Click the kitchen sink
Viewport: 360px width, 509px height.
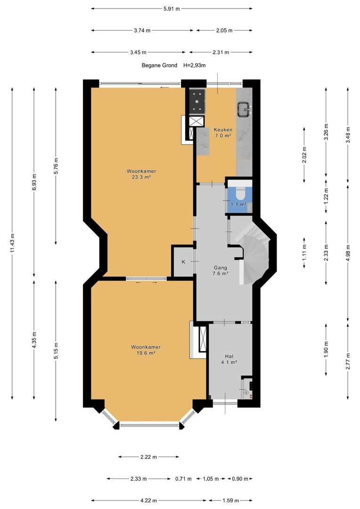click(x=244, y=109)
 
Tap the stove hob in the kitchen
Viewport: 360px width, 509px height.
click(x=196, y=101)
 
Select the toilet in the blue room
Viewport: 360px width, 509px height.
click(x=240, y=193)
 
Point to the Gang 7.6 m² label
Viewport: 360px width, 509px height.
click(x=220, y=271)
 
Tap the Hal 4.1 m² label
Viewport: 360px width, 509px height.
click(x=229, y=359)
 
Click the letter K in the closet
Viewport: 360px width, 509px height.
click(x=183, y=262)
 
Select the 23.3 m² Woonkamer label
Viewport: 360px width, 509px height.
click(x=141, y=174)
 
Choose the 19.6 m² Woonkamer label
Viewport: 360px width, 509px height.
click(x=146, y=350)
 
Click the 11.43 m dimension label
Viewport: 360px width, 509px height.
click(x=12, y=243)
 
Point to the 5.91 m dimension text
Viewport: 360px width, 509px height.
click(x=172, y=9)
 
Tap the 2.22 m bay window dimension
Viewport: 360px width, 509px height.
click(x=149, y=457)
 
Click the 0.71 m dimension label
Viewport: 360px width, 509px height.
click(x=183, y=478)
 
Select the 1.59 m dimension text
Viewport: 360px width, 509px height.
click(x=230, y=500)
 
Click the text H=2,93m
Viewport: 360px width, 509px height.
click(x=195, y=65)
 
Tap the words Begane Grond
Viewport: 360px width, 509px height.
click(x=159, y=65)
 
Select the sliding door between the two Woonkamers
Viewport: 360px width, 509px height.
click(x=147, y=279)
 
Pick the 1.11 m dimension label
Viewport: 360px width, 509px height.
click(x=304, y=253)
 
